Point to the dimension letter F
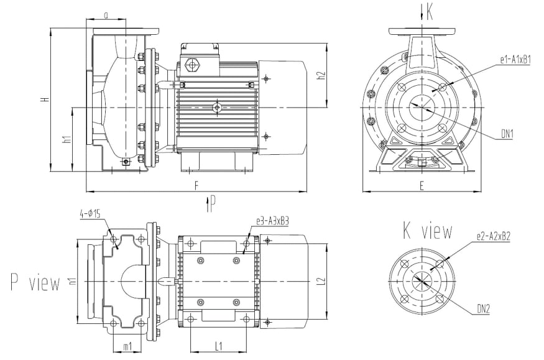point(197,185)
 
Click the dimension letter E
point(422,185)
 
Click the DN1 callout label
point(507,133)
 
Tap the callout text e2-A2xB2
point(494,236)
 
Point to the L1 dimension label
point(218,344)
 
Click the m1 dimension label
point(127,346)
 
